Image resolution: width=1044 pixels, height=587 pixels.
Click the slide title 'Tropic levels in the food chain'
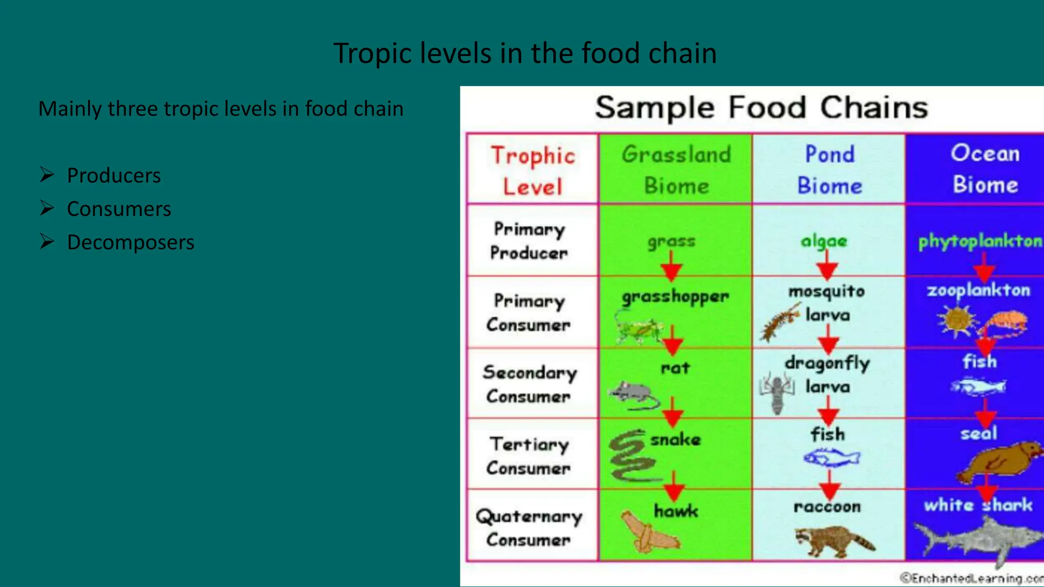(525, 54)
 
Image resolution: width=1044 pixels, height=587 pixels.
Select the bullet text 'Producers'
(114, 176)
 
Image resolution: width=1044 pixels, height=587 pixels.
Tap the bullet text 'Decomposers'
(130, 243)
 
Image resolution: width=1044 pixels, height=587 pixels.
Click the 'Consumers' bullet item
(119, 209)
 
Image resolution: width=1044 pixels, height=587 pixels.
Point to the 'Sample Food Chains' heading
(762, 108)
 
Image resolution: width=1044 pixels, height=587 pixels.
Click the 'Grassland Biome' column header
(676, 169)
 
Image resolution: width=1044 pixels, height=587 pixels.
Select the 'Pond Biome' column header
(829, 169)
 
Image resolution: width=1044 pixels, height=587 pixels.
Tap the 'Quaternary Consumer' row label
(529, 527)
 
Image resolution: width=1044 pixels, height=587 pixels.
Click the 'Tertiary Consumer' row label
(529, 456)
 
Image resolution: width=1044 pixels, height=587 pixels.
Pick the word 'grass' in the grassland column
(671, 242)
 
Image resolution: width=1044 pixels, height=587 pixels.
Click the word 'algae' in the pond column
(824, 241)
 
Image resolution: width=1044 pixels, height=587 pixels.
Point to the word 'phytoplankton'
(980, 241)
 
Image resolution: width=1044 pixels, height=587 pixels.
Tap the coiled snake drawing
(631, 457)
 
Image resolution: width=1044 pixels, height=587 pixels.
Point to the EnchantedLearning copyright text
(972, 578)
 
